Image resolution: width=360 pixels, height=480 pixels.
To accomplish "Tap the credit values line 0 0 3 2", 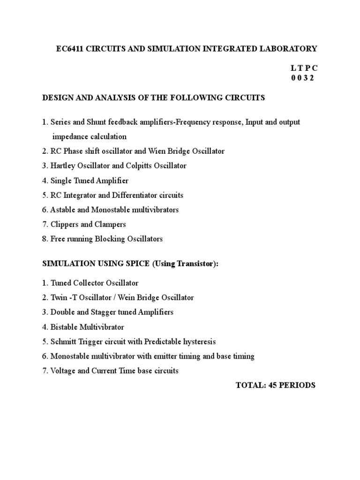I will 302,78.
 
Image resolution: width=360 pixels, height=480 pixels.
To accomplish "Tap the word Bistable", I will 64,327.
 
